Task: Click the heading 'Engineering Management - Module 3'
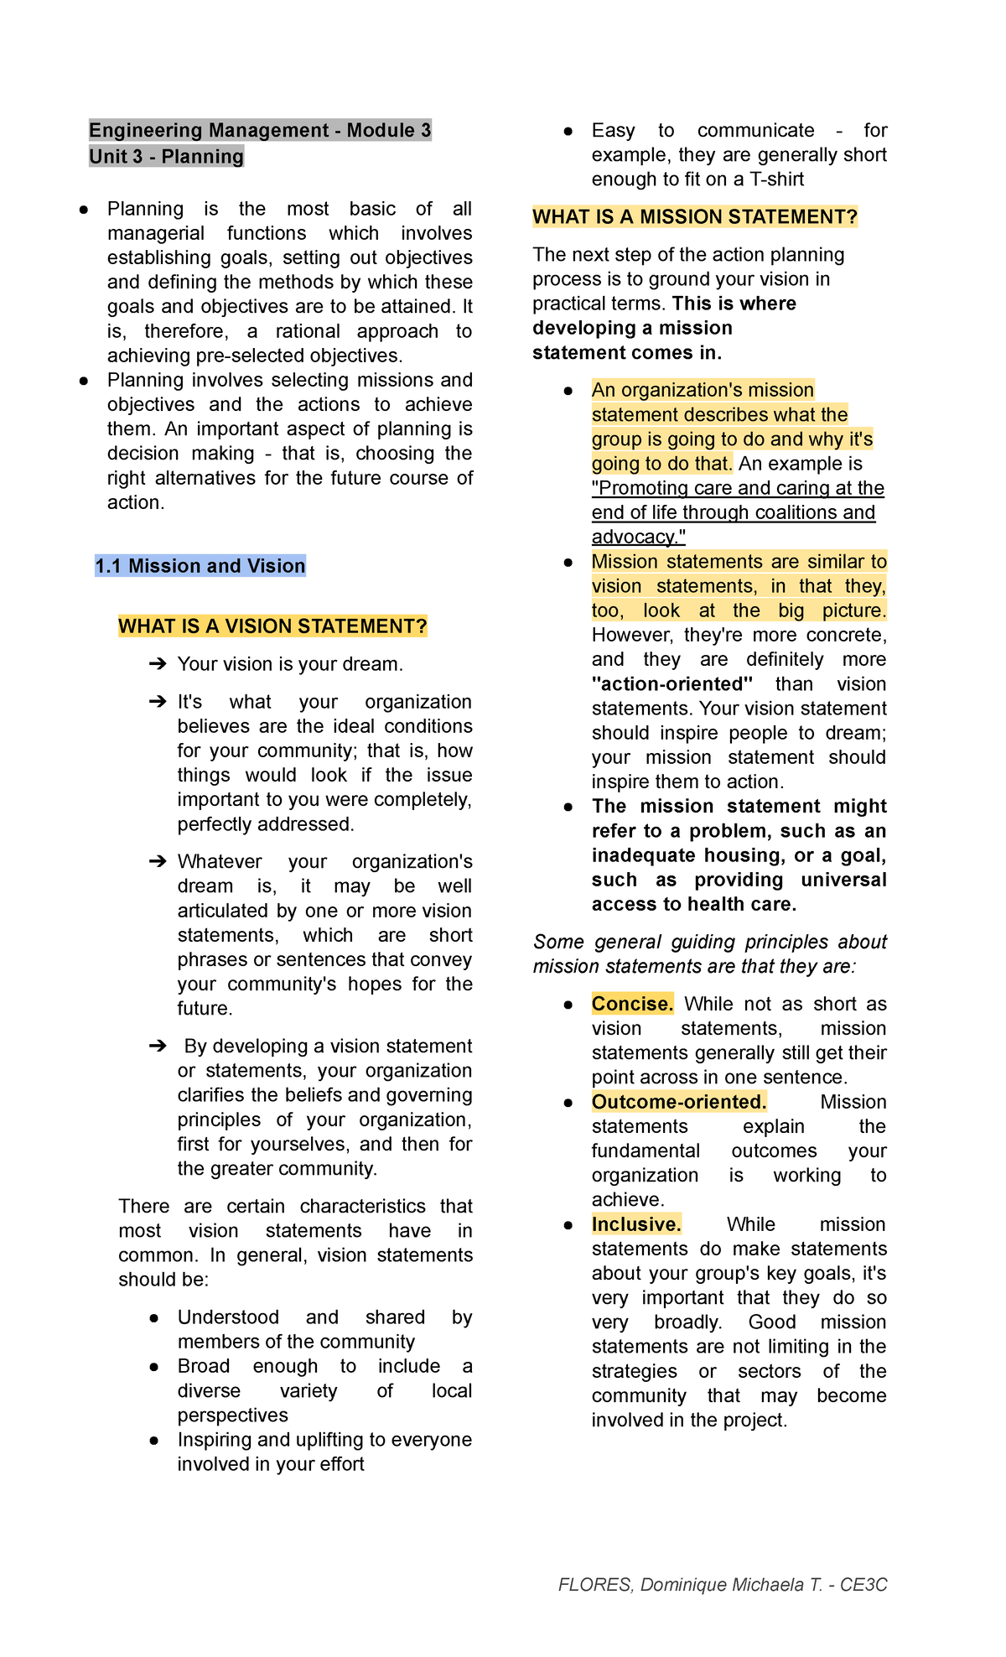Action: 260,130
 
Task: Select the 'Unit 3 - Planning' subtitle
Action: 166,157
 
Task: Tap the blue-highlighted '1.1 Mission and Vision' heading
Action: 200,566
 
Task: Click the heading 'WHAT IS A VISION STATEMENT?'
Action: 272,626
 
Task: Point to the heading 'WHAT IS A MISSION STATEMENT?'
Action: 695,217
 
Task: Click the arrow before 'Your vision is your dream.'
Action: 158,664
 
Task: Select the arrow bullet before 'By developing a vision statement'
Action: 158,1046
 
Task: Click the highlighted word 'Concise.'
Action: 632,1004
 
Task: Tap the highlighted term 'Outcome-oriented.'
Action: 679,1102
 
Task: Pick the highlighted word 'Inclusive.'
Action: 636,1224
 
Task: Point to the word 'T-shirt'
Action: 776,179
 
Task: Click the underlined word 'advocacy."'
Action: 638,538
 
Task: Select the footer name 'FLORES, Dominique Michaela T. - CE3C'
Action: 723,1585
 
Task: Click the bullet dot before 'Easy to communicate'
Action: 568,132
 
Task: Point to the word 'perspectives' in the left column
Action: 232,1415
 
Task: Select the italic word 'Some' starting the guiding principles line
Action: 557,943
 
